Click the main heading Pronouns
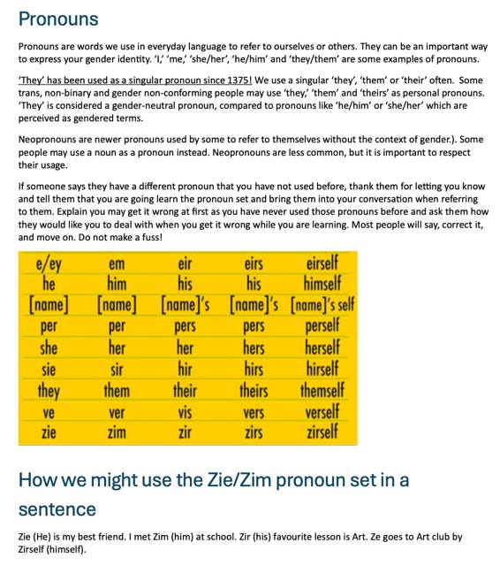click(58, 19)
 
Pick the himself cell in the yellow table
click(322, 283)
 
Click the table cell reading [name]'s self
click(322, 304)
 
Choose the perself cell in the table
click(322, 325)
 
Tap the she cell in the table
click(49, 347)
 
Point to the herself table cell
click(322, 347)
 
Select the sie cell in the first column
click(49, 368)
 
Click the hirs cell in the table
click(254, 368)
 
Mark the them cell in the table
click(116, 390)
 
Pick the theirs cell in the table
click(254, 390)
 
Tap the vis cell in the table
click(185, 412)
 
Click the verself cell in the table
click(322, 412)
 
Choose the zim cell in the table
click(116, 432)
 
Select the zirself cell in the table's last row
click(322, 432)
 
